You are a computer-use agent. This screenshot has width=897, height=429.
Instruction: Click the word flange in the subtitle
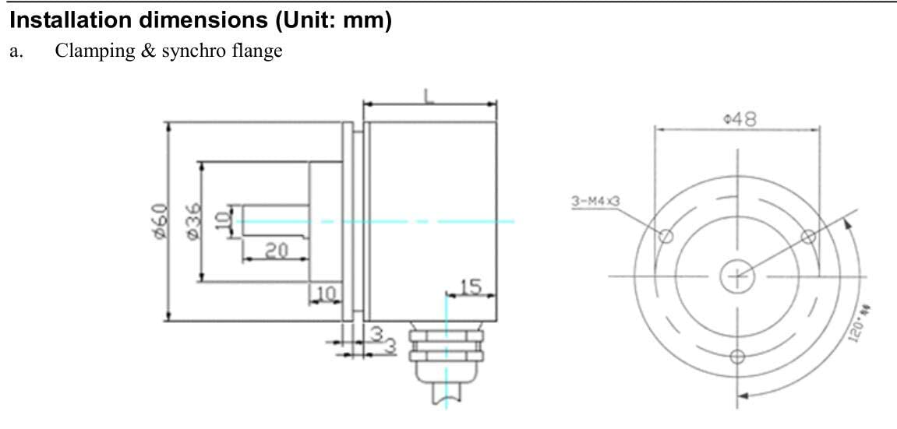258,54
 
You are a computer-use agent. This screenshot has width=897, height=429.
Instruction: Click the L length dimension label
429,95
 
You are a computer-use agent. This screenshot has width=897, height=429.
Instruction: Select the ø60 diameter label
159,221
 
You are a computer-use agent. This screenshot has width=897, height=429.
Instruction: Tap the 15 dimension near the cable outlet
470,286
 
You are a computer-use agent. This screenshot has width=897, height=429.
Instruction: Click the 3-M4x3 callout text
595,202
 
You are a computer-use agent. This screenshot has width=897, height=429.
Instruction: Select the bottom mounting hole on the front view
737,357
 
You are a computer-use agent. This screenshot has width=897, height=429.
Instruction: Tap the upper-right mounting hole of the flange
808,235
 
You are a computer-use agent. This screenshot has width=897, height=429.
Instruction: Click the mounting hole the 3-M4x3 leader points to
666,235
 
